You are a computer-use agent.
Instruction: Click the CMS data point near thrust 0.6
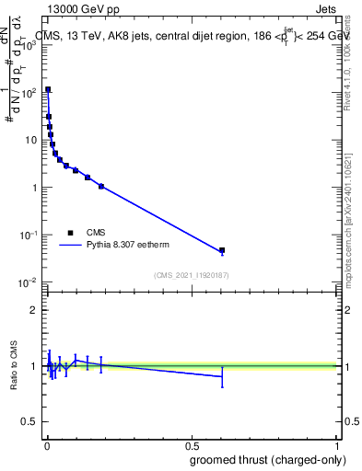pyautogui.click(x=222, y=250)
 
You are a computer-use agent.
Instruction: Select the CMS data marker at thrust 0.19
pyautogui.click(x=101, y=186)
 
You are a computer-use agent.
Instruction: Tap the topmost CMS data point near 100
pyautogui.click(x=48, y=90)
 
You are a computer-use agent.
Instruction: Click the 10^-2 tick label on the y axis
pyautogui.click(x=29, y=281)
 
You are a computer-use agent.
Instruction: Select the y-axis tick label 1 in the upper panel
pyautogui.click(x=35, y=187)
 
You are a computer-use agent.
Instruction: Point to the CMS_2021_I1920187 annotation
pyautogui.click(x=191, y=275)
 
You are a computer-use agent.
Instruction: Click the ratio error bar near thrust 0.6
pyautogui.click(x=222, y=376)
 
